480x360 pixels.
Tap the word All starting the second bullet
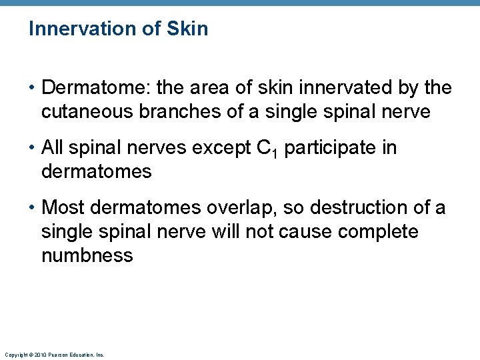pos(53,147)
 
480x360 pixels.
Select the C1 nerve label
pos(267,149)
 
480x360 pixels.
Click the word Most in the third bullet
pos(62,207)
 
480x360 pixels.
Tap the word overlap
pos(237,208)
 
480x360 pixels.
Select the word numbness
pos(87,255)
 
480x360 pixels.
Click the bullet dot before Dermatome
pos(32,89)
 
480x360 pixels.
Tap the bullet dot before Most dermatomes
pos(32,208)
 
